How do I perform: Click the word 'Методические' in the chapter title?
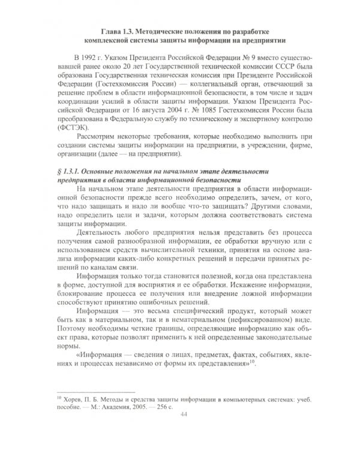click(157, 31)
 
